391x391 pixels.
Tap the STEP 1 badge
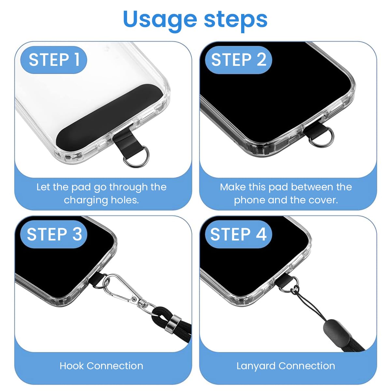(x=54, y=60)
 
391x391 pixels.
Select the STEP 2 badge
(x=239, y=60)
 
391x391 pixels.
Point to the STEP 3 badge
(x=54, y=234)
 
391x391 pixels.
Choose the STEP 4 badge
(x=239, y=234)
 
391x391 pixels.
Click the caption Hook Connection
(x=101, y=366)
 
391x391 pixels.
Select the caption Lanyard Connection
(x=286, y=366)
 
